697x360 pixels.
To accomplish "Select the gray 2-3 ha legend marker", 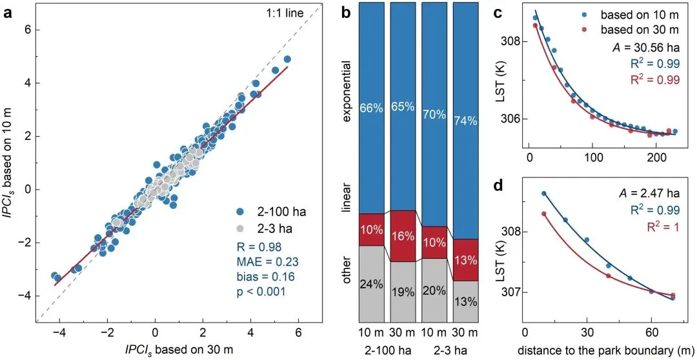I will click(x=240, y=228).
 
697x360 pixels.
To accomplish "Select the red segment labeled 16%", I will click(x=403, y=236).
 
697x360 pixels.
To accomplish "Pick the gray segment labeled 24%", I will click(x=370, y=283).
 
